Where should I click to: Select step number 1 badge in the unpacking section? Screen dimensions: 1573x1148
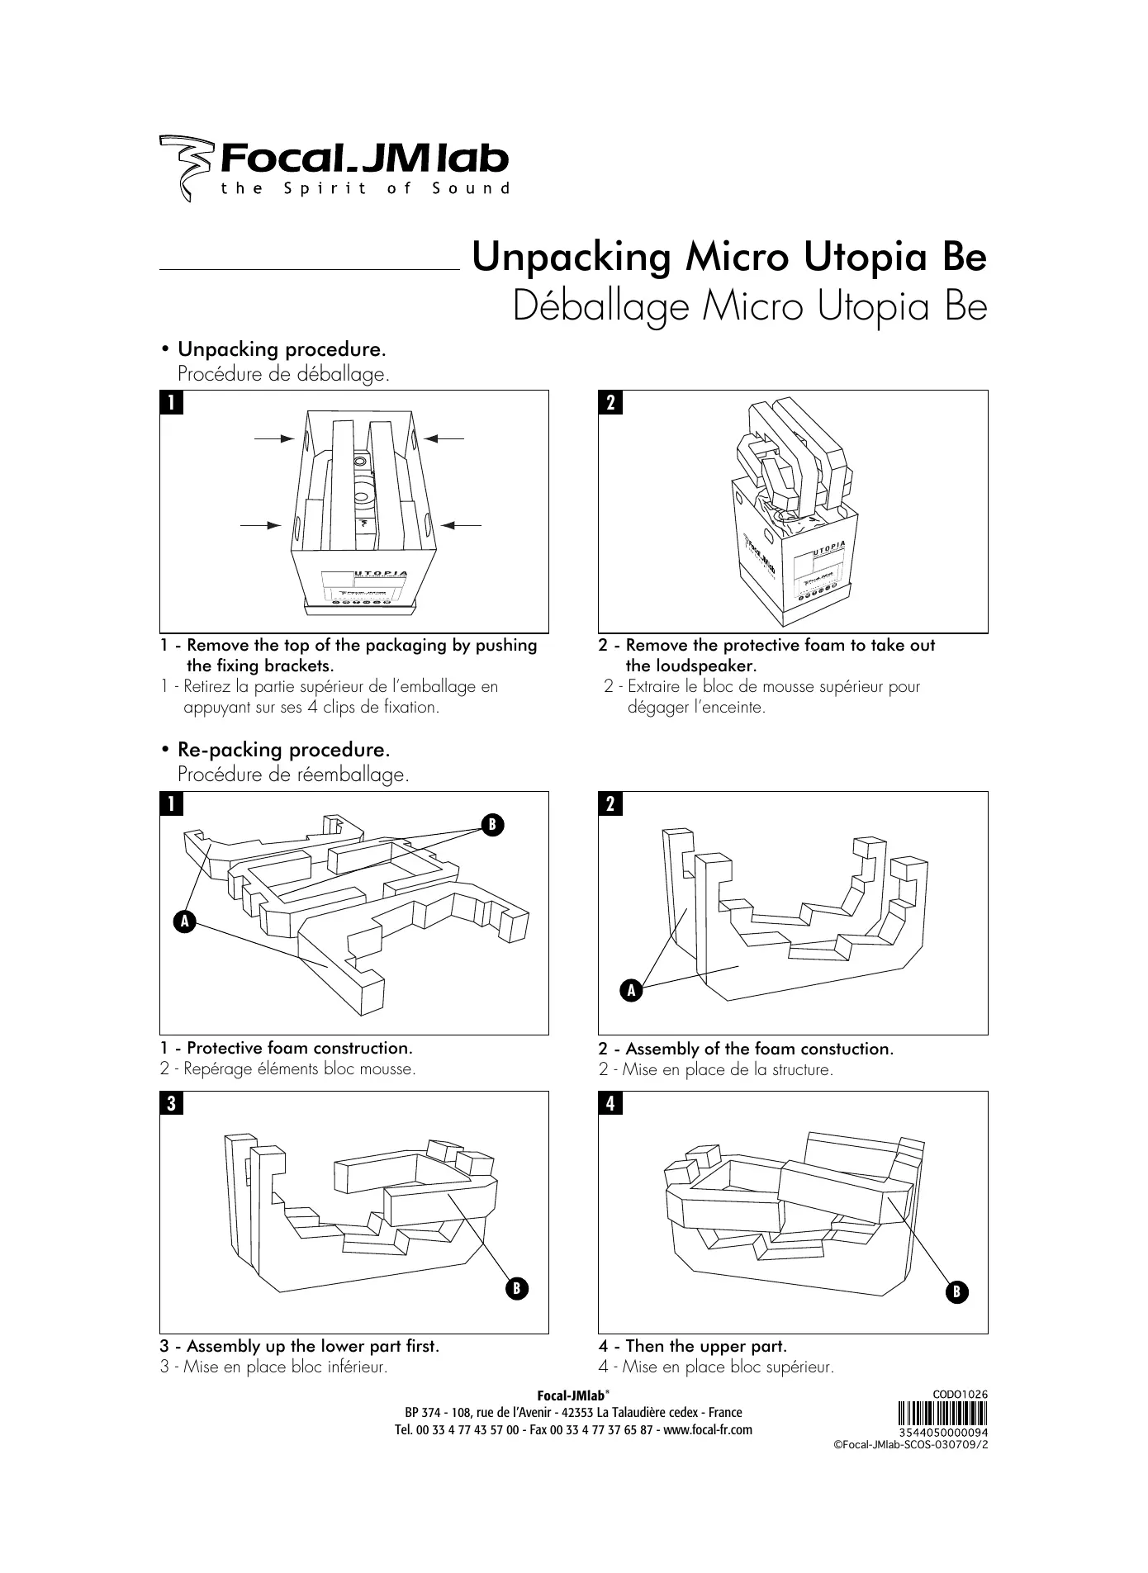tap(170, 403)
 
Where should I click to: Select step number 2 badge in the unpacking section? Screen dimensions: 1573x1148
tap(610, 403)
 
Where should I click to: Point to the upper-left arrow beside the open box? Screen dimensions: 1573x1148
tap(275, 439)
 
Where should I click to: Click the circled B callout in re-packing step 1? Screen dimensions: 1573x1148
tap(491, 824)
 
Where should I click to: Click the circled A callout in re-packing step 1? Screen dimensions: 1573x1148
tap(183, 920)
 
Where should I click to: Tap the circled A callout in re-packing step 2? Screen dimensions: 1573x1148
tap(630, 990)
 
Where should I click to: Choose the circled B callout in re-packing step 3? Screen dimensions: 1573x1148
tap(516, 1287)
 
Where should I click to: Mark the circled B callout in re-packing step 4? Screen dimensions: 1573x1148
tap(956, 1291)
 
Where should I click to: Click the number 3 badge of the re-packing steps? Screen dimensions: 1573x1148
tap(170, 1104)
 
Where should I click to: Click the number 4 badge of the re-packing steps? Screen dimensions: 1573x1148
tap(610, 1104)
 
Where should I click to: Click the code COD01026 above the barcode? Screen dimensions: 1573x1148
tap(960, 1395)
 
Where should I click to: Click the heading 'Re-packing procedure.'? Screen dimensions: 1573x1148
tap(283, 750)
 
